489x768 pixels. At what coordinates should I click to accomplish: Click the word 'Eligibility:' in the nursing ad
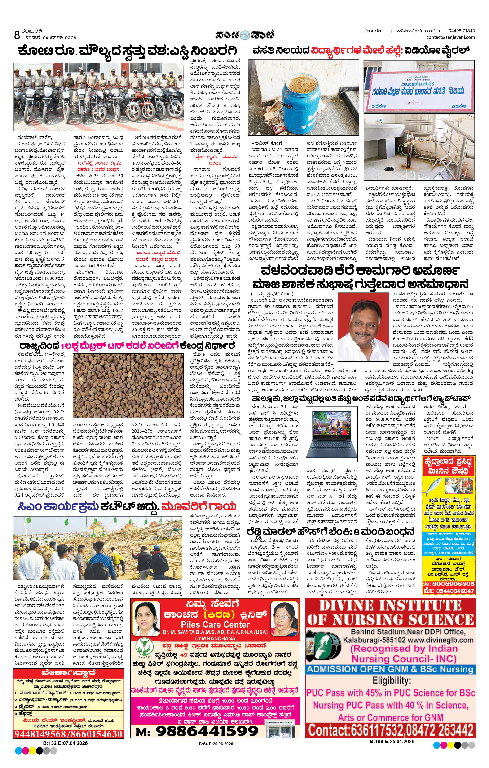[391, 680]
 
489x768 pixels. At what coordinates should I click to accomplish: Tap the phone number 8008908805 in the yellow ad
[453, 584]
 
